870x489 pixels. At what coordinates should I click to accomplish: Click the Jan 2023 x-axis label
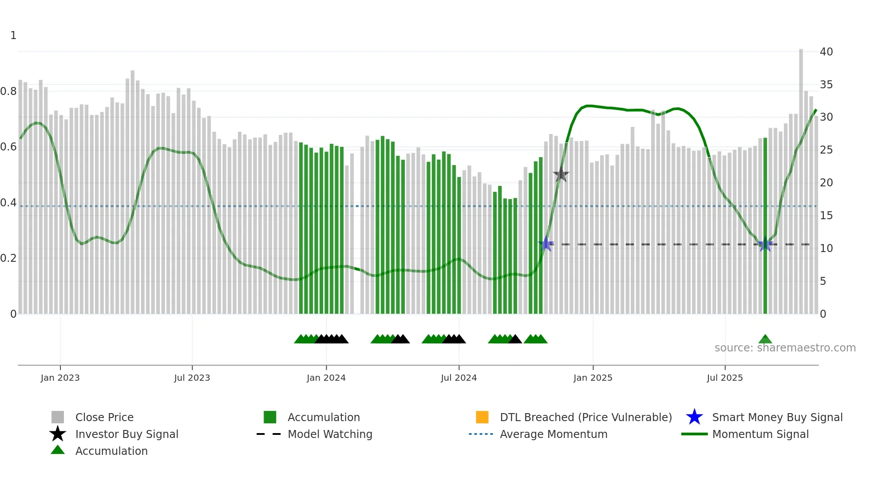click(60, 378)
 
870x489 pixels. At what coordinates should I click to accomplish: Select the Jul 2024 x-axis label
click(459, 378)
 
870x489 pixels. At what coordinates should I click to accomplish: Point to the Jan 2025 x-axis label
click(593, 378)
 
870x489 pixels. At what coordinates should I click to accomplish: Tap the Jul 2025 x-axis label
click(724, 378)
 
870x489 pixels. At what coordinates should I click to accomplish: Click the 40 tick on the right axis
click(826, 52)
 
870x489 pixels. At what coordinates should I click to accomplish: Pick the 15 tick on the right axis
click(826, 216)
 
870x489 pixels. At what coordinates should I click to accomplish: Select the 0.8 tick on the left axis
click(8, 91)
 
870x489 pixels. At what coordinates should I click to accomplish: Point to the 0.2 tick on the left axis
click(8, 258)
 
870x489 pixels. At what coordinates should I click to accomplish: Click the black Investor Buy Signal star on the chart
click(561, 174)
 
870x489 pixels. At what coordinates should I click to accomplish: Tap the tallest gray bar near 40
click(801, 177)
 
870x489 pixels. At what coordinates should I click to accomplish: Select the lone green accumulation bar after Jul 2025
click(765, 222)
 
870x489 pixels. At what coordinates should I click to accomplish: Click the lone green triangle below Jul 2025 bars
click(765, 339)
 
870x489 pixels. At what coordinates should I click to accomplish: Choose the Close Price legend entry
click(104, 417)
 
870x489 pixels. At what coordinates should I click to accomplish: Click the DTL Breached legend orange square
click(482, 417)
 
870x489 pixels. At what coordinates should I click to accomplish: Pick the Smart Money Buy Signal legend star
click(694, 417)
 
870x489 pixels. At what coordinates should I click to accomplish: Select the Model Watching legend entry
click(330, 434)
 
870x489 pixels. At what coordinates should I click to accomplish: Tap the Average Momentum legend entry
click(554, 434)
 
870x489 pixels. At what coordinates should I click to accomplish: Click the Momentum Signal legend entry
click(760, 434)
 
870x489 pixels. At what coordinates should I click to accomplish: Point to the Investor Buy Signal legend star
click(58, 434)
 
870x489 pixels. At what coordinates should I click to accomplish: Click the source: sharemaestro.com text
click(785, 348)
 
